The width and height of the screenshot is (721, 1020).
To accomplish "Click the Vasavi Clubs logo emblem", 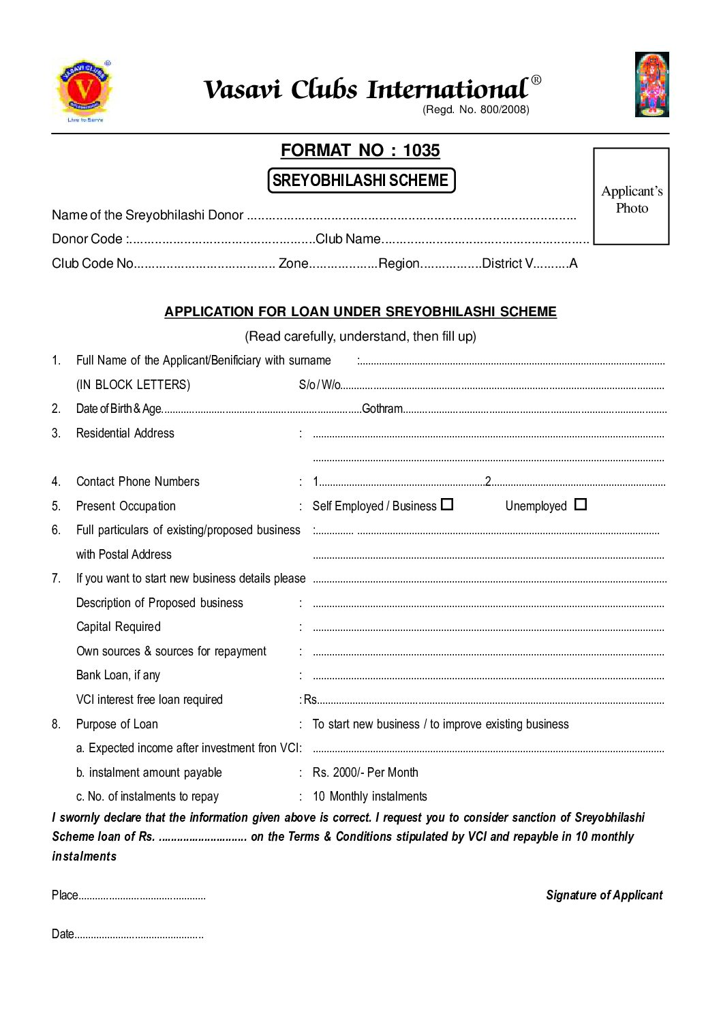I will (85, 90).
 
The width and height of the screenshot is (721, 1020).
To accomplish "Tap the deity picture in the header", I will (651, 84).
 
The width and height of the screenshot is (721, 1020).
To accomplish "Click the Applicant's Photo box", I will (631, 196).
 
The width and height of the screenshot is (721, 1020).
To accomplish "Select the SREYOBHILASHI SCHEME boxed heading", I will (360, 181).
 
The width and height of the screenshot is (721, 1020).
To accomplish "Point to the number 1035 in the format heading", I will (421, 151).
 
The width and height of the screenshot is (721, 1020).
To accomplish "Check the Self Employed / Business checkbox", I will (447, 505).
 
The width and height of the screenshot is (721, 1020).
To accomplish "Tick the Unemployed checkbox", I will (580, 505).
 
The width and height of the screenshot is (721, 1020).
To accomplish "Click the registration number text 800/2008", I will (504, 110).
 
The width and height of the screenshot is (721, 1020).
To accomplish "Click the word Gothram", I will (382, 409).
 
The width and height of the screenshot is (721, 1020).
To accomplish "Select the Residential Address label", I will (125, 433).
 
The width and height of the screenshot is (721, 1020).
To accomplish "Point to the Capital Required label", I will (119, 627).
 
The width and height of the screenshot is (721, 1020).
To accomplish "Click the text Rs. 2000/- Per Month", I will (365, 773).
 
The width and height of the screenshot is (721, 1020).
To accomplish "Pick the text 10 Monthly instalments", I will (369, 797).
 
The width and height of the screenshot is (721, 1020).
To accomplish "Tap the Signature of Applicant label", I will (604, 895).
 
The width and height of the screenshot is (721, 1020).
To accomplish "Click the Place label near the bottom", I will (65, 895).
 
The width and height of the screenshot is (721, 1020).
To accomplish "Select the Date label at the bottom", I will (63, 934).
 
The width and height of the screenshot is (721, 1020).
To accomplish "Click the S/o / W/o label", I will (319, 385).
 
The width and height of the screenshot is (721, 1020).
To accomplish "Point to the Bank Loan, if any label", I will (118, 675).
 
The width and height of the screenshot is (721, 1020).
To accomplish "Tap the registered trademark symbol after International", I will (536, 80).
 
